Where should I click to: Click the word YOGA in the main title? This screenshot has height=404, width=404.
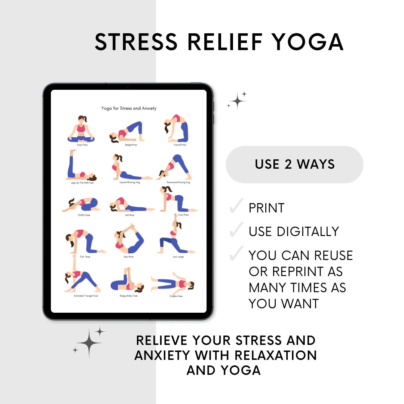pyautogui.click(x=307, y=42)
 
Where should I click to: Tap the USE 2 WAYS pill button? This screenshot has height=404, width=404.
pyautogui.click(x=294, y=164)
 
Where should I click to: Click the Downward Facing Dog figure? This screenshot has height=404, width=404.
pyautogui.click(x=174, y=167)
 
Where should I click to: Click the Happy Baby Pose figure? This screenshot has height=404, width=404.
pyautogui.click(x=127, y=281)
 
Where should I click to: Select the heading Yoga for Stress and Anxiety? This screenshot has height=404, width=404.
pyautogui.click(x=129, y=108)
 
